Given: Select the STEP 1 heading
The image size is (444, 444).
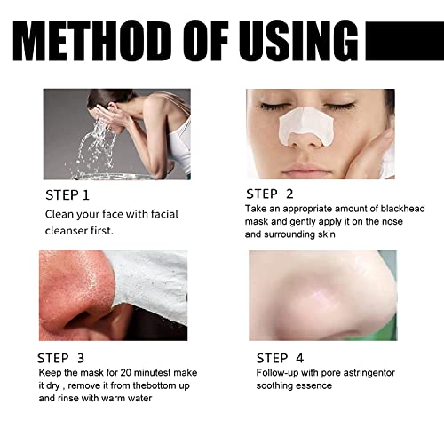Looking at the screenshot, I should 67,194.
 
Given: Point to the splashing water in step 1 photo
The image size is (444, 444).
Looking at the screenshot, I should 93,142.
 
